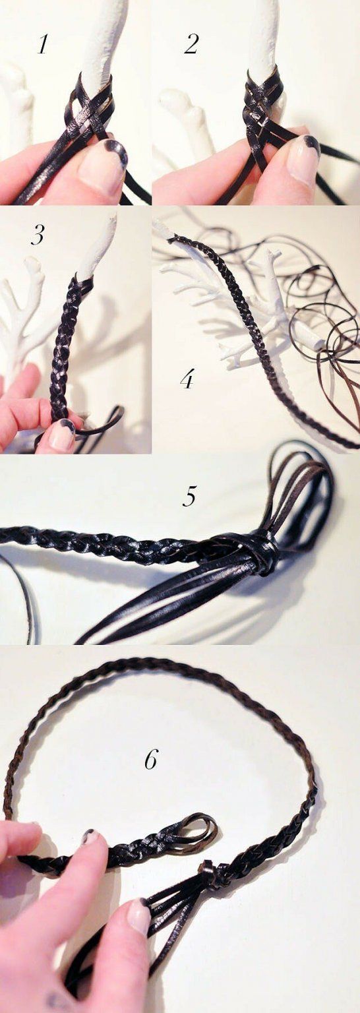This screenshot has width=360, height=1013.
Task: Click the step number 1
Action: (42, 45)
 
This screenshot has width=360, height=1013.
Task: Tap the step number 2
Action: (191, 45)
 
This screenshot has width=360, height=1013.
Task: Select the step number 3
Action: (38, 235)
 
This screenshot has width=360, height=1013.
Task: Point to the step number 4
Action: (187, 379)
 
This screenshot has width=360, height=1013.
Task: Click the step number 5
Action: (189, 496)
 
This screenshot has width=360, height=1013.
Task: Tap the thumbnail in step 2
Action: (303, 158)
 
